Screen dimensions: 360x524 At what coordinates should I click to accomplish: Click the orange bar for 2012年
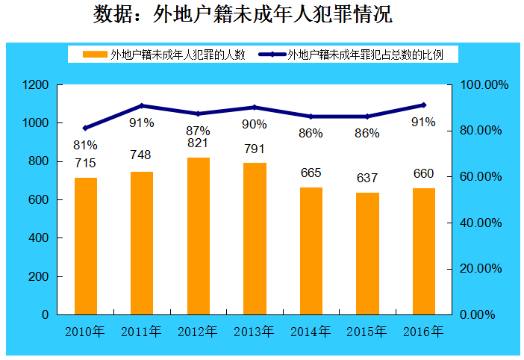(199, 236)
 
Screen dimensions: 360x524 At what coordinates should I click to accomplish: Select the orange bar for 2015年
(367, 253)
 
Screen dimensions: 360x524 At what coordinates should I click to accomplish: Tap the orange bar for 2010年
(86, 246)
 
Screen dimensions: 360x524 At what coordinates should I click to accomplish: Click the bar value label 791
(255, 149)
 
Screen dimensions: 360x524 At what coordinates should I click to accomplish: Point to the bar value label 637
(367, 179)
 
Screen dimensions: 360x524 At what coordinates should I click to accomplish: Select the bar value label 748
(141, 155)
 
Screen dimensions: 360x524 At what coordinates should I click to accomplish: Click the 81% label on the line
(85, 144)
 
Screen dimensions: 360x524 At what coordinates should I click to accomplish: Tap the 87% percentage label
(198, 130)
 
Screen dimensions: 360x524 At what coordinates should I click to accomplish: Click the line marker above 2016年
(423, 105)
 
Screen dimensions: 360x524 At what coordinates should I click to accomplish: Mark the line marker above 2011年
(142, 106)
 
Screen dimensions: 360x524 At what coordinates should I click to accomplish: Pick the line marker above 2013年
(255, 108)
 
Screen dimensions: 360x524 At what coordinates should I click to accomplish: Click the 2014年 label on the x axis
(311, 331)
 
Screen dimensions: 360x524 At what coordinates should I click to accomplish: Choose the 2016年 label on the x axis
(423, 331)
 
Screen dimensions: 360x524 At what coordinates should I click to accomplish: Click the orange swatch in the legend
(95, 55)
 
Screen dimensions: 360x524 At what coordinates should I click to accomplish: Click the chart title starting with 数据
(243, 15)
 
